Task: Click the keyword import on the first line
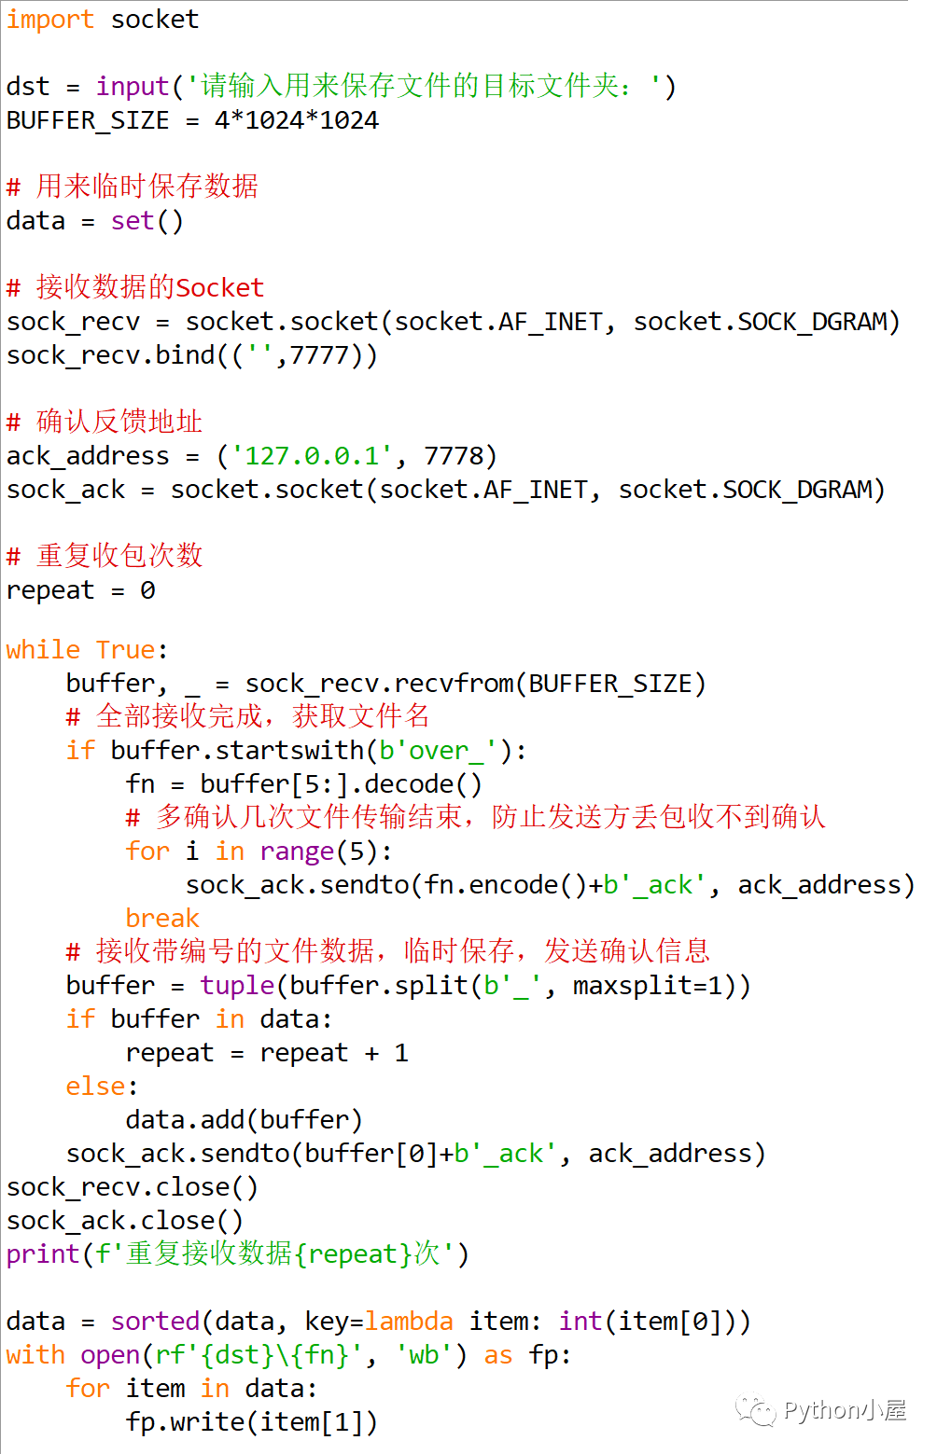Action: [49, 20]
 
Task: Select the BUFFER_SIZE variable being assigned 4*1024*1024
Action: [88, 120]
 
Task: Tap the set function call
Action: [132, 221]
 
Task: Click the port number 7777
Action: [319, 355]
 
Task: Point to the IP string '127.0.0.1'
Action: [312, 456]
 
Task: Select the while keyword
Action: [43, 650]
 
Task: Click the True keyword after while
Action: [125, 650]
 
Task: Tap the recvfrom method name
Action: [454, 684]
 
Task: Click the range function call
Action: [297, 852]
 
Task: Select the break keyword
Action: [162, 919]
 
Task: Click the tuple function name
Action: [237, 986]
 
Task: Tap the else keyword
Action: [95, 1087]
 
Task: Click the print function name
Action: [43, 1254]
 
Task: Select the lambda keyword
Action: [409, 1322]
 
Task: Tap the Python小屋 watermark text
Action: [844, 1410]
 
